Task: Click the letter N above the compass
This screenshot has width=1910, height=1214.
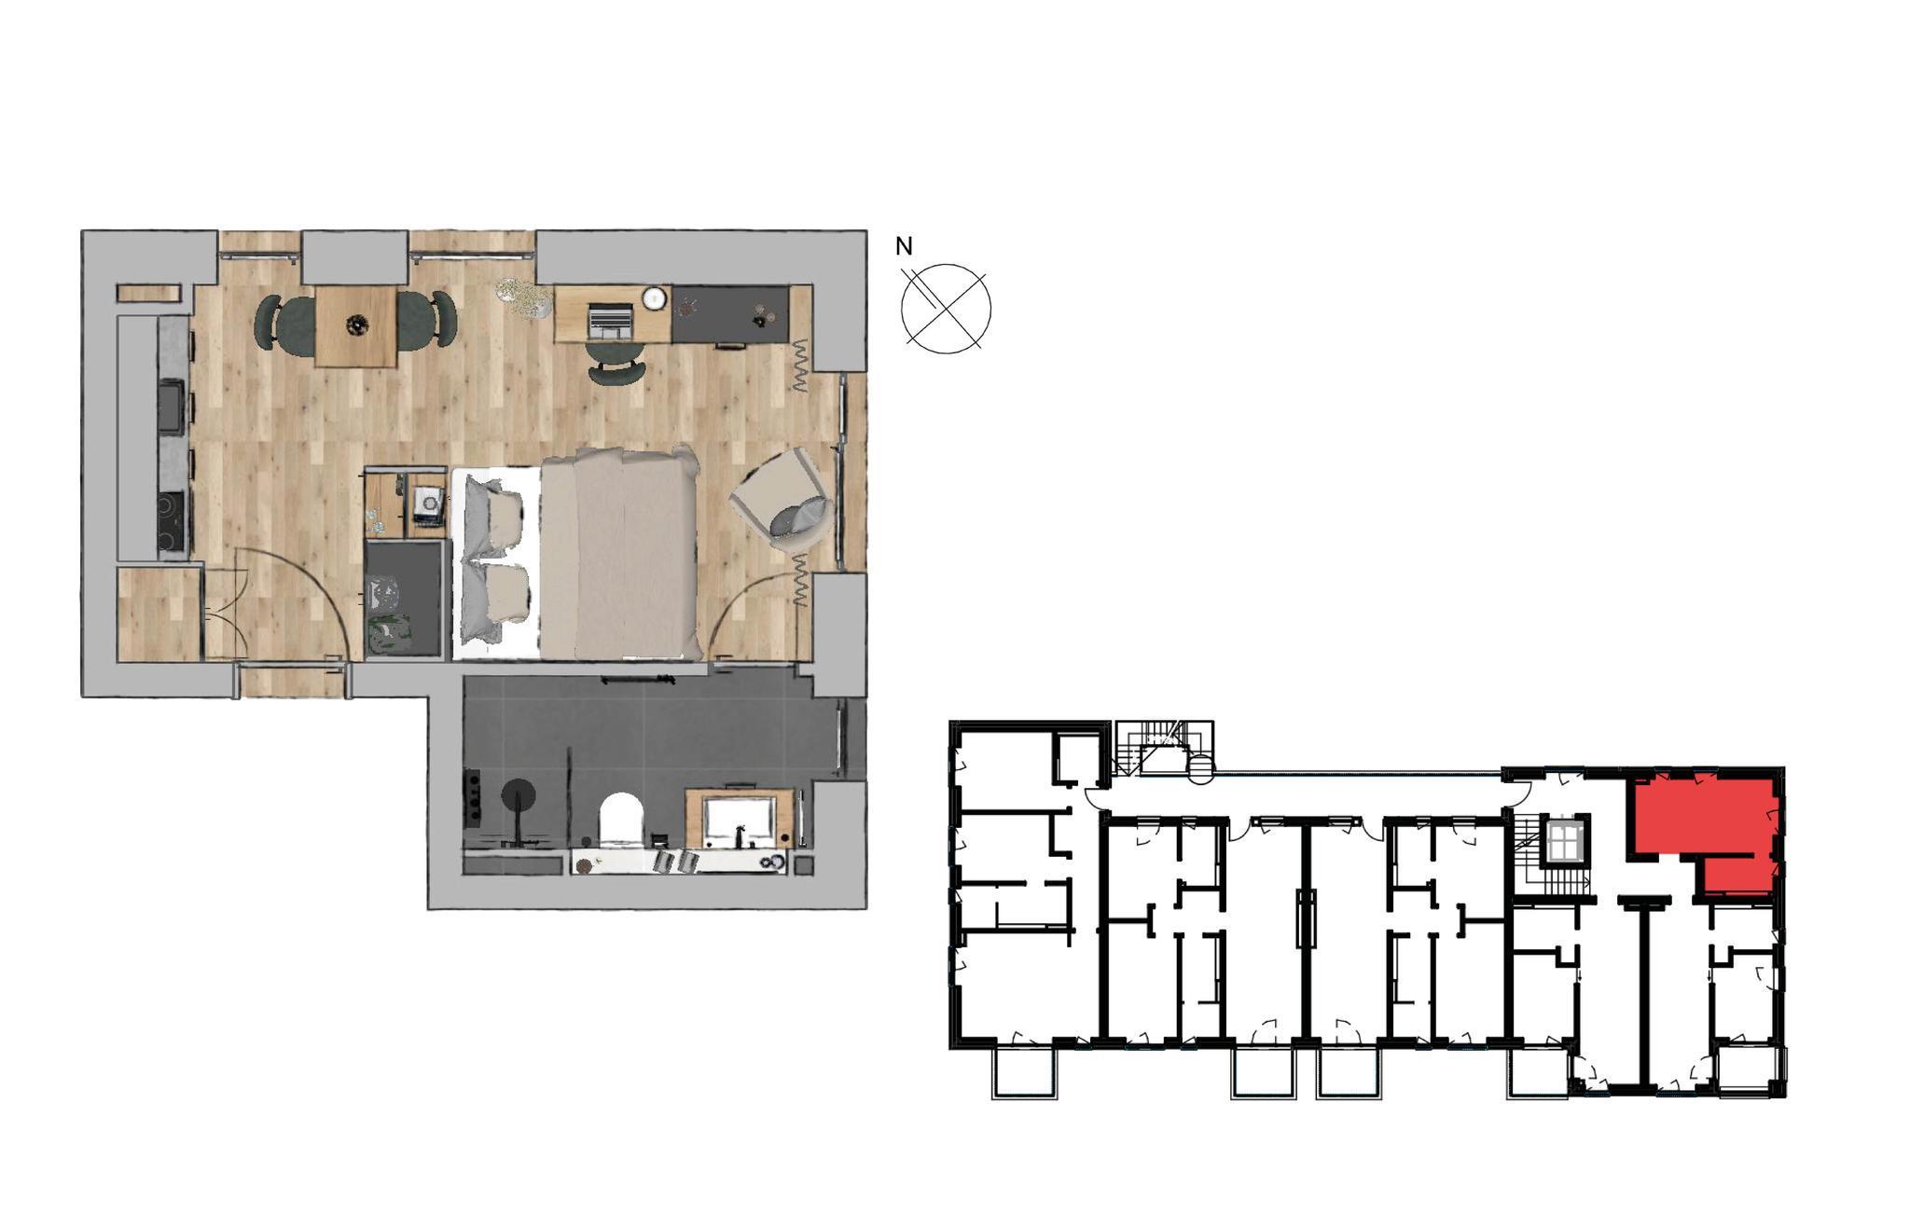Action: click(904, 246)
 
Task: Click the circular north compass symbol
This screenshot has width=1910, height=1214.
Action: click(946, 309)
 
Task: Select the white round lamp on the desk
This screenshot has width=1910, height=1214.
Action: click(655, 297)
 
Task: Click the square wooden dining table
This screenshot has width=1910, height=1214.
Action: click(355, 325)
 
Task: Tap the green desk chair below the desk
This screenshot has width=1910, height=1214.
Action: click(616, 363)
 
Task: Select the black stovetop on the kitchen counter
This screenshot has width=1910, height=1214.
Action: click(173, 522)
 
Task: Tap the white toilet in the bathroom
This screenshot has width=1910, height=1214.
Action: click(621, 820)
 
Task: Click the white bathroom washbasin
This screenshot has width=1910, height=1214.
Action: click(740, 820)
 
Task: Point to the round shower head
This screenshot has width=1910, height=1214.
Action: click(518, 795)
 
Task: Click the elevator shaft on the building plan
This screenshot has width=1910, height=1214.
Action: click(1564, 842)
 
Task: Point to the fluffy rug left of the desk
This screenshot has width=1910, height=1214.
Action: click(525, 297)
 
